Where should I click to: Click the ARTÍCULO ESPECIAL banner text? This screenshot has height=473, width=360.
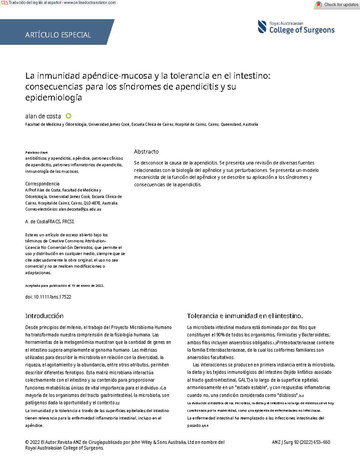pos(58,35)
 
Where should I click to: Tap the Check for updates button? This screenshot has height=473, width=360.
pos(337,4)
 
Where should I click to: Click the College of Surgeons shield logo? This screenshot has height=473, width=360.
pos(262,26)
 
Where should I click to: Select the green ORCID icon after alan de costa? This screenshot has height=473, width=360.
pos(68,116)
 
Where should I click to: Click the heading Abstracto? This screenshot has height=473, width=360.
pos(146,151)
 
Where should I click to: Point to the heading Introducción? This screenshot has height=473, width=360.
pos(44,316)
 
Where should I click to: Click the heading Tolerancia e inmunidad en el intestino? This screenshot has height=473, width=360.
pos(244,316)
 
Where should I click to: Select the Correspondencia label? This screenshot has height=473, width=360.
pos(42,184)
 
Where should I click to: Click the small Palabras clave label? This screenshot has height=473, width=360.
pos(36,152)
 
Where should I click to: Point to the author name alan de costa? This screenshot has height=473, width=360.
pos(43,116)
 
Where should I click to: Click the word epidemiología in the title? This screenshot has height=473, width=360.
pos(53,97)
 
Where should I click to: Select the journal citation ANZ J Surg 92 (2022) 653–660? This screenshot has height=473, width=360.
pos(301,442)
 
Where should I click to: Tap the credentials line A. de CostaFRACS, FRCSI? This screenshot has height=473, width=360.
pos(50,222)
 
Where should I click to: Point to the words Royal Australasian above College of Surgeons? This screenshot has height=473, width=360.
pos(286,23)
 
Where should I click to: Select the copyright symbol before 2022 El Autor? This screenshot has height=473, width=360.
pos(27,442)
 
